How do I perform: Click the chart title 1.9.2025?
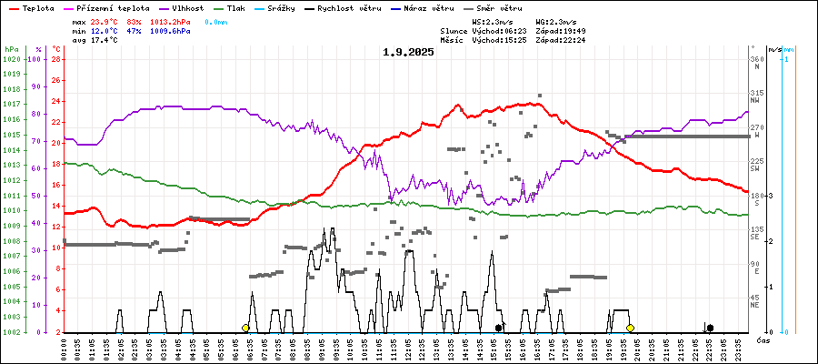[408, 52]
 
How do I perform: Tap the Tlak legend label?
[238, 7]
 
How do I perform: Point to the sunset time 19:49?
[574, 31]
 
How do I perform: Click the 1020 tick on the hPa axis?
[12, 59]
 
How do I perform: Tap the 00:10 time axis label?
[64, 349]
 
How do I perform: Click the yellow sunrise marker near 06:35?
[245, 328]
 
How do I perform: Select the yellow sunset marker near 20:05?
[630, 328]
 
